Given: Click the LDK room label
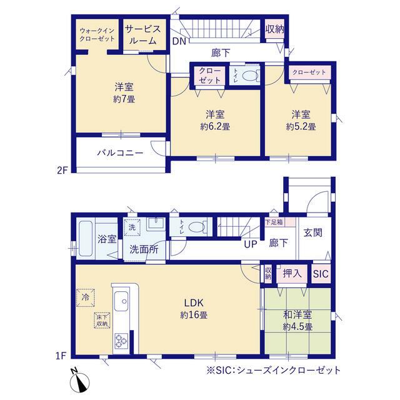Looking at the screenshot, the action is coord(194,302).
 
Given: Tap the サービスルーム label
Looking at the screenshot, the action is coord(142,35).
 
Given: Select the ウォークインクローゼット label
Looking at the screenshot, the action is coord(97,35).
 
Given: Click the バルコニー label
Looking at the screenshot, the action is coord(120,153).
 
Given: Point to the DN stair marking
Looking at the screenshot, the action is coord(179,41).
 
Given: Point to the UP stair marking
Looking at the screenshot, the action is coord(250,244).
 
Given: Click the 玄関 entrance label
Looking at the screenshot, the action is coord(312,232).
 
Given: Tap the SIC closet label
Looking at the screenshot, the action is coord(321,274).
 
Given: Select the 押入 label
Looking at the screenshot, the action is coord(292,274).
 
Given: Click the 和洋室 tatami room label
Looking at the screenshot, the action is coord(297,315).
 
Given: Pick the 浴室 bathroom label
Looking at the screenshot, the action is coord(107,239).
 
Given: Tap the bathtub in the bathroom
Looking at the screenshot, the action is coord(85,239).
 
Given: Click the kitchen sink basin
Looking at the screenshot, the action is coord(121,301).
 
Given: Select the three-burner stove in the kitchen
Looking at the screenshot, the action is coord(121,341).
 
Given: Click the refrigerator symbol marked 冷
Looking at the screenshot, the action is coord(86,297).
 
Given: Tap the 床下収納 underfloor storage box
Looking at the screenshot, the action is coord(102,320).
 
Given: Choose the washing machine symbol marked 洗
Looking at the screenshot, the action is coord(132,227).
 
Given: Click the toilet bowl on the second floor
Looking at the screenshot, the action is coord(249,75).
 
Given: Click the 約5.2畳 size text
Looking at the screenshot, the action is coord(301,126).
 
